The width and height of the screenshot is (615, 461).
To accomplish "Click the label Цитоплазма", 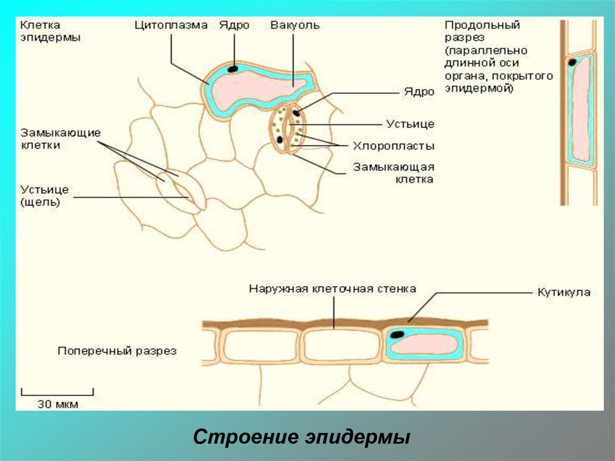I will point(171,26).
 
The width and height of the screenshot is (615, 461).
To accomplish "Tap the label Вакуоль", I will point(294,26).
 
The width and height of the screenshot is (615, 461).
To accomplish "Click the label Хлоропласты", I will point(393,145).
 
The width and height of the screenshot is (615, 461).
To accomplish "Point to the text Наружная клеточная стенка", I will point(332,289).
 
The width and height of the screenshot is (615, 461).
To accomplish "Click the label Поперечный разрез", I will point(117,351).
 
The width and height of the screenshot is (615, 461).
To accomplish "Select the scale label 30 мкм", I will point(58,405).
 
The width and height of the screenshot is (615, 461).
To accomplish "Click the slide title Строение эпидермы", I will point(301,437).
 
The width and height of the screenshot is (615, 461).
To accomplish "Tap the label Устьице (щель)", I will point(45,196).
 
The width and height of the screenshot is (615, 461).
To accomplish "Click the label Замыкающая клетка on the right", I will point(393,172).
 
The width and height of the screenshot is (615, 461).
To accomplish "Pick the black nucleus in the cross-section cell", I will point(397,334).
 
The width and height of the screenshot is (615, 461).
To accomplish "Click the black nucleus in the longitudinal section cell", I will point(572,61).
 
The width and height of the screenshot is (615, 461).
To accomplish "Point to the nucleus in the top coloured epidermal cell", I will point(232,69).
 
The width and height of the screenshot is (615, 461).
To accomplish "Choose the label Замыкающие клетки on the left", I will point(60,139).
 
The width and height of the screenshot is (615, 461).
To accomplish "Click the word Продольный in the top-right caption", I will point(482,26).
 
